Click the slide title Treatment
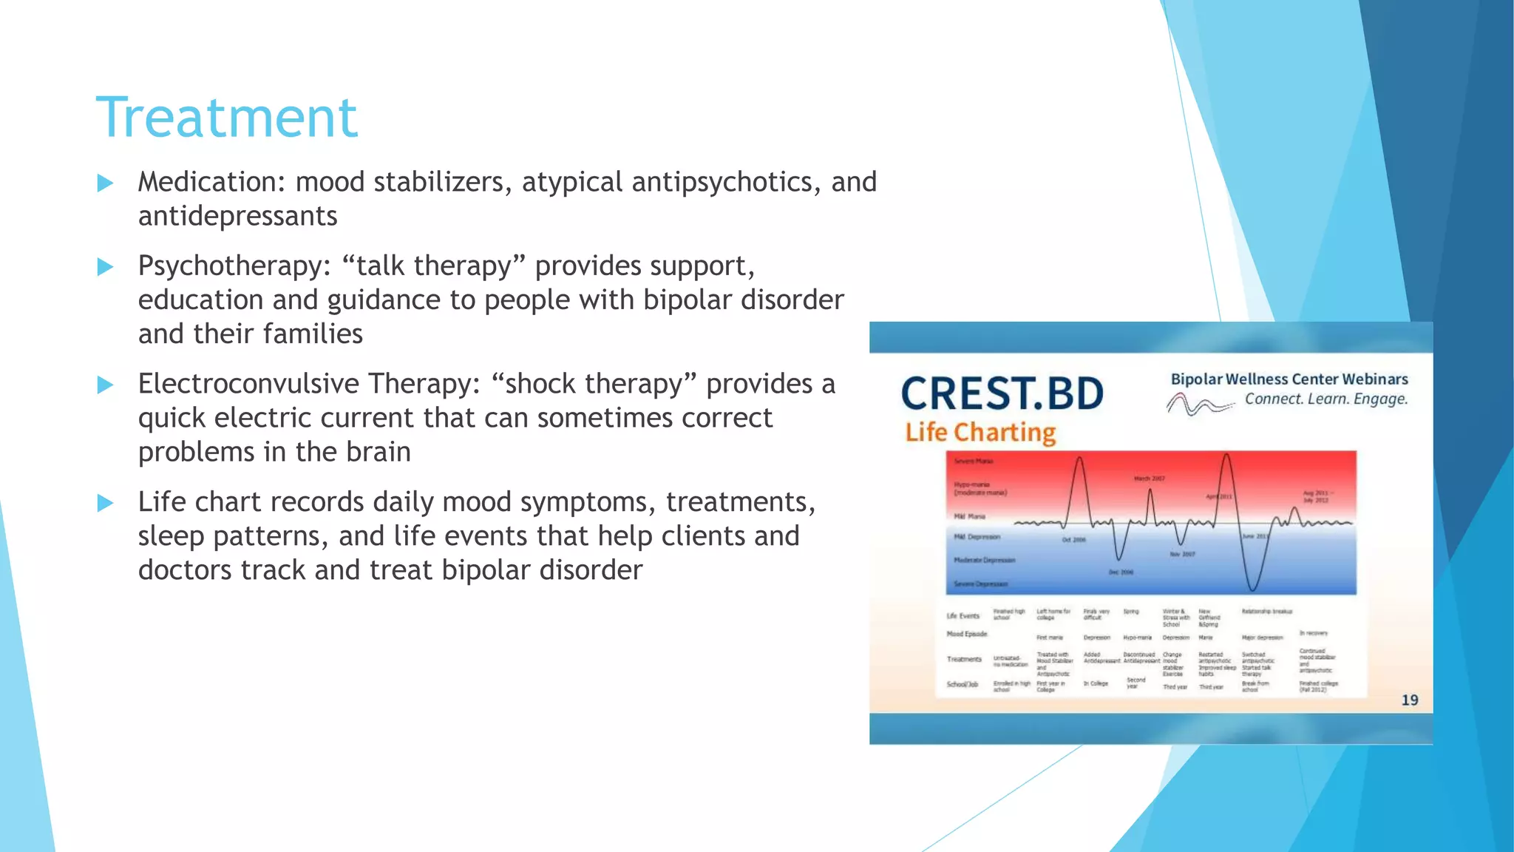pos(227,118)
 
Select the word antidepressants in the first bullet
pos(237,216)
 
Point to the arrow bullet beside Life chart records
pos(106,504)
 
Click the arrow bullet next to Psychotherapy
pos(106,267)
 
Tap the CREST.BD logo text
pos(1002,393)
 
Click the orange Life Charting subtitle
pos(980,432)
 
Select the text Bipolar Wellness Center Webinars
pos(1289,379)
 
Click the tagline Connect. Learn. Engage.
pos(1325,399)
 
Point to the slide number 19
pos(1409,700)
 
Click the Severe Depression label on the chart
pos(980,584)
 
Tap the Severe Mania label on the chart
pos(973,461)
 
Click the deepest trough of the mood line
pos(1252,589)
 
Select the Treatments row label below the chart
pos(964,659)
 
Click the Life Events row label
pos(963,616)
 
